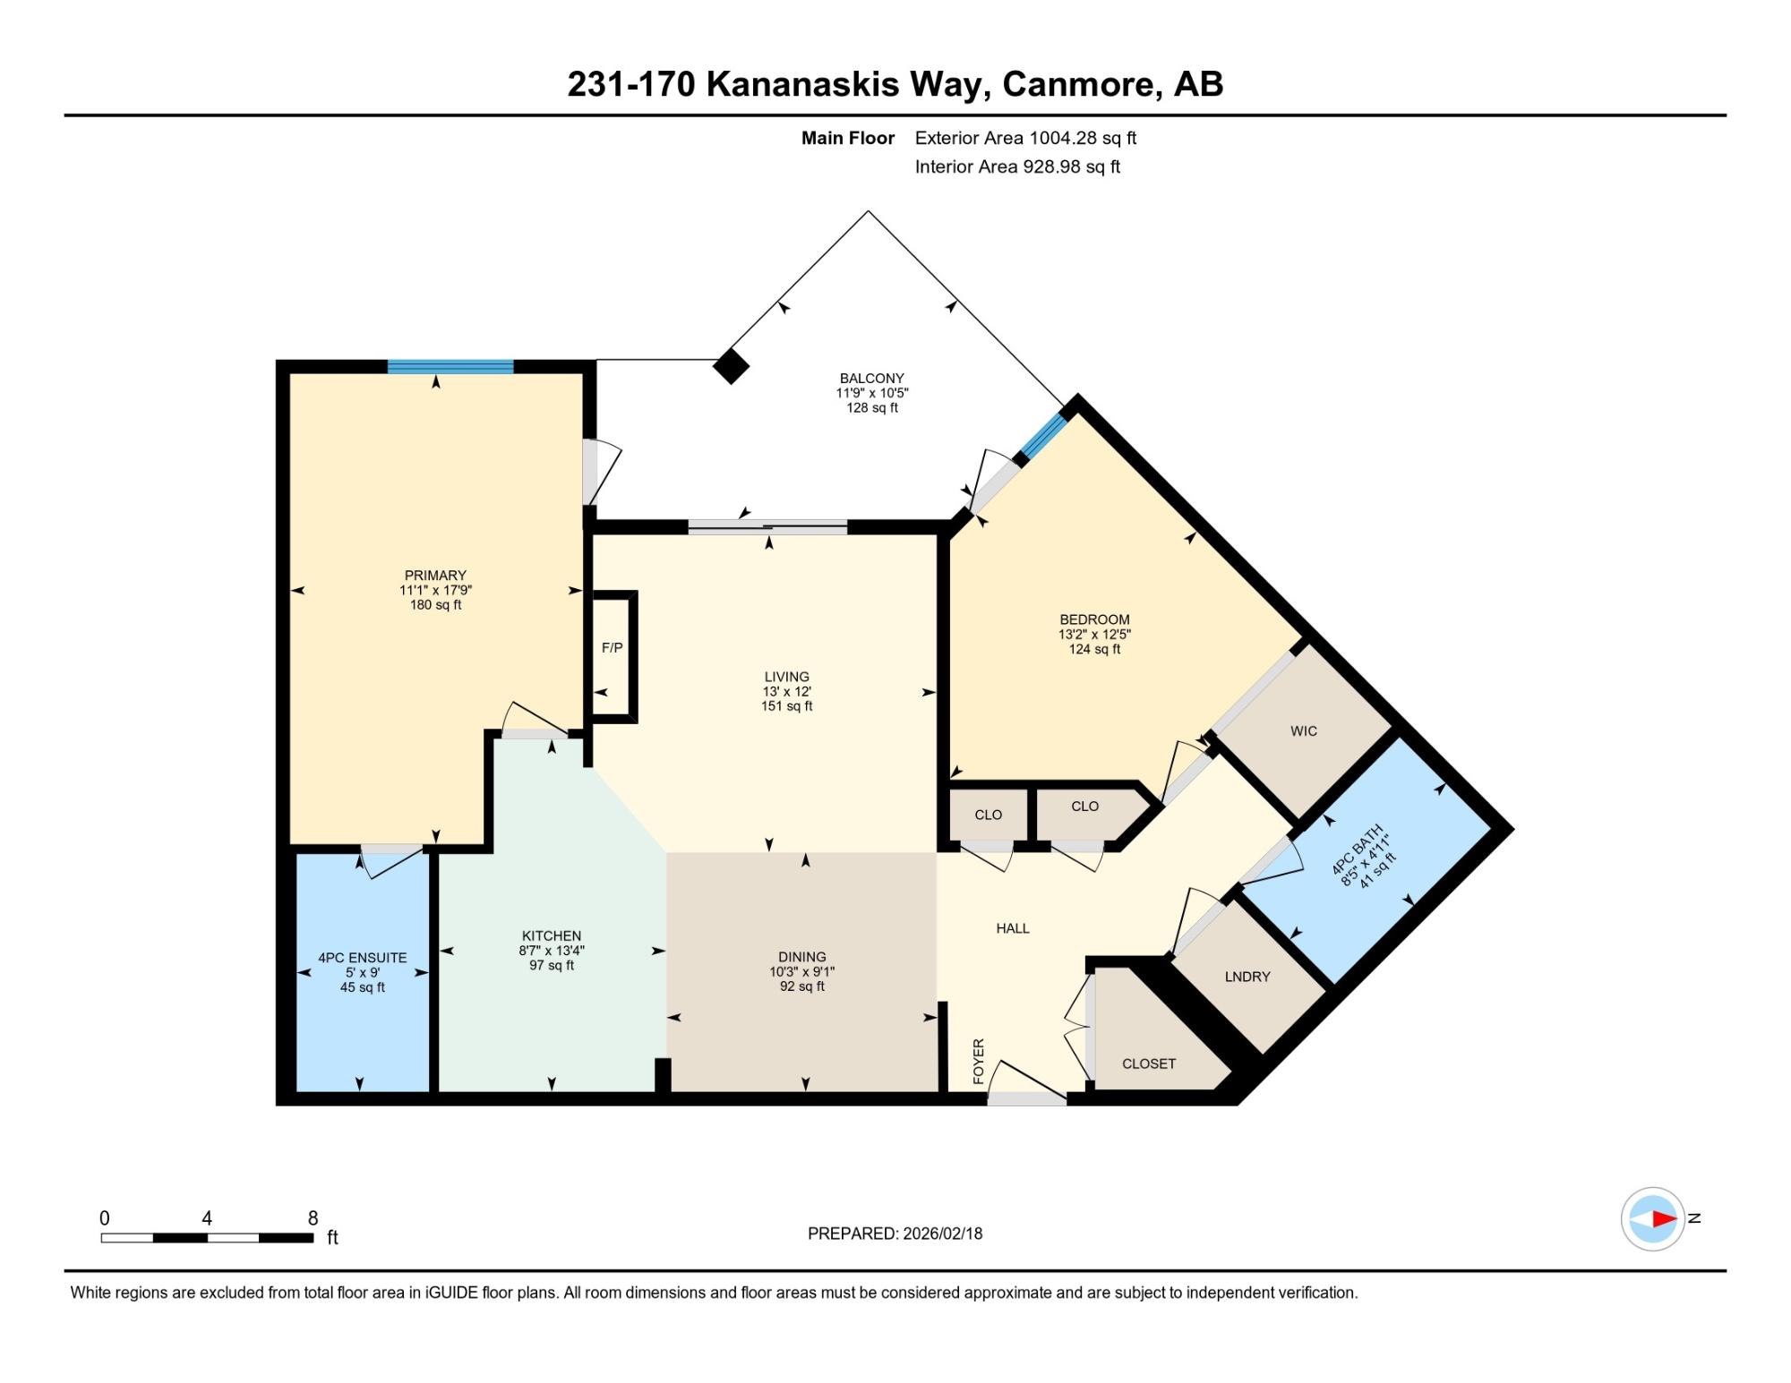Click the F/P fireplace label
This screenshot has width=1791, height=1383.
[x=612, y=647]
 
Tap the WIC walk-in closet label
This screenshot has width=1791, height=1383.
[x=1304, y=731]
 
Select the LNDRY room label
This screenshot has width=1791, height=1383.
[x=1247, y=977]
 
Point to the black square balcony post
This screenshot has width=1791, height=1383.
[x=731, y=366]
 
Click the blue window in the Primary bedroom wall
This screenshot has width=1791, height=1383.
[x=450, y=366]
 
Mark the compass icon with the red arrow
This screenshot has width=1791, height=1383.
[x=1653, y=1218]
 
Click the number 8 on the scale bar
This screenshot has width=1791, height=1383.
[x=313, y=1217]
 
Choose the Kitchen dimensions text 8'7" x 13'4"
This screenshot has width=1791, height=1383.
[x=552, y=951]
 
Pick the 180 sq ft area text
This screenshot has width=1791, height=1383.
[x=436, y=605]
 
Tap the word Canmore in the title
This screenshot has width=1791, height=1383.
[x=1078, y=84]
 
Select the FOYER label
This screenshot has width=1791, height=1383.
[x=979, y=1062]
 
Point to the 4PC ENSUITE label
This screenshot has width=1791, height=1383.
[x=363, y=958]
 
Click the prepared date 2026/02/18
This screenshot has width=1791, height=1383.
[x=943, y=1234]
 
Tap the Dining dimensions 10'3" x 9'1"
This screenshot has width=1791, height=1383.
[x=802, y=971]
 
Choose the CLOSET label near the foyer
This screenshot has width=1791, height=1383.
[x=1149, y=1063]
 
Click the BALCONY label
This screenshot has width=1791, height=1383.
[x=872, y=379]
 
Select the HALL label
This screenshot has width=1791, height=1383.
[x=1013, y=928]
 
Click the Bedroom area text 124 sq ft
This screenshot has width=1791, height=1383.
[x=1094, y=649]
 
